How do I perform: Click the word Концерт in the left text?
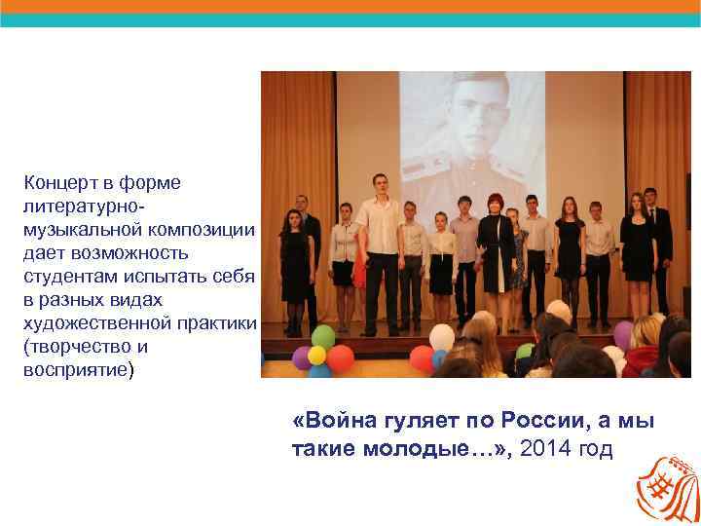60,182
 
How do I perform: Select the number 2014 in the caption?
545,449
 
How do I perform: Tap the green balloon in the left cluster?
322,338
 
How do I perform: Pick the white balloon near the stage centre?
441,338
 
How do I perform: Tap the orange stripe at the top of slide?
350,6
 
